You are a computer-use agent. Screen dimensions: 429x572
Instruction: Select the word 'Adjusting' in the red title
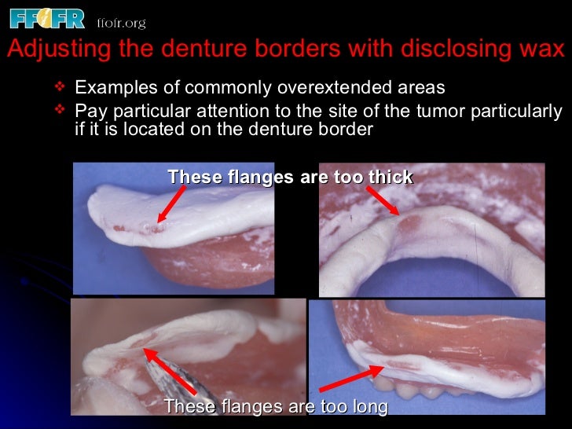coord(48,49)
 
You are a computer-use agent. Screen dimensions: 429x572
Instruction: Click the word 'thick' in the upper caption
coord(390,177)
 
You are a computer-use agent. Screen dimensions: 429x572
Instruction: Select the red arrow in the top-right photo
coord(383,200)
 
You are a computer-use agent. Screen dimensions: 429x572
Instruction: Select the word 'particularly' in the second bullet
coord(518,110)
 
